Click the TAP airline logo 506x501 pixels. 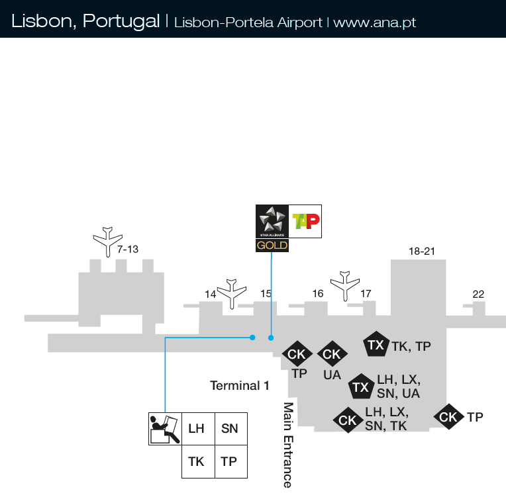(305, 221)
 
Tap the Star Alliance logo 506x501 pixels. (272, 221)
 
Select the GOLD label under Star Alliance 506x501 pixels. (272, 246)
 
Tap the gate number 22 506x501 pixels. (478, 295)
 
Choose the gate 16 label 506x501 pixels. (318, 293)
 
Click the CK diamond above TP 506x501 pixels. (297, 355)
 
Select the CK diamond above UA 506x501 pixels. (331, 355)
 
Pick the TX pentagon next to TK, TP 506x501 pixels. (376, 345)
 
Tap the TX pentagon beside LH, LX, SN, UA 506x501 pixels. (361, 387)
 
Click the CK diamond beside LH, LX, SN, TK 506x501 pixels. (347, 420)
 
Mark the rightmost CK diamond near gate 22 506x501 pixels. (448, 417)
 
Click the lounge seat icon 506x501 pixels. (164, 429)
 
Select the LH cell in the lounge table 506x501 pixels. (197, 429)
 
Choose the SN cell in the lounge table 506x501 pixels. (230, 429)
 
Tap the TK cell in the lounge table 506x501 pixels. (197, 462)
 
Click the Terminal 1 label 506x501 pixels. (240, 385)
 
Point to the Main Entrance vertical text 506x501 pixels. (288, 444)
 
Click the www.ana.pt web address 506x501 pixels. (375, 22)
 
